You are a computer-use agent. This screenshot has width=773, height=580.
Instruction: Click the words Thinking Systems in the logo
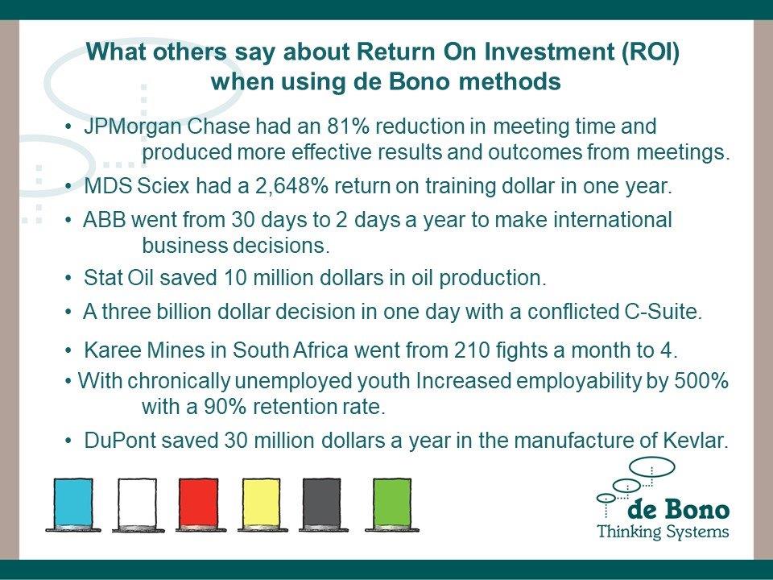[663, 532]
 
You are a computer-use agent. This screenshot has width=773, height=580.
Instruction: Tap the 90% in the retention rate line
[225, 407]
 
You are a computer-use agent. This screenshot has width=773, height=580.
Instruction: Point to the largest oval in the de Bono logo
[653, 466]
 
